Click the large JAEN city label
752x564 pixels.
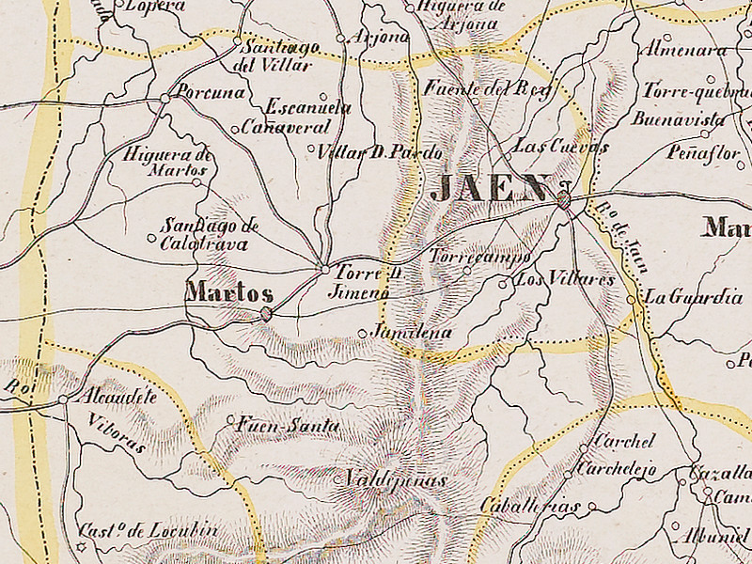click(x=488, y=187)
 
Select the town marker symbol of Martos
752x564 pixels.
click(x=267, y=314)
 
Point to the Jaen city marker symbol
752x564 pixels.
click(x=564, y=199)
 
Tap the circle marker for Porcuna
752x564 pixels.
click(x=164, y=97)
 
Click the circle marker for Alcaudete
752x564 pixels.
click(x=63, y=399)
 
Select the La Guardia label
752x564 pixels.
click(x=693, y=297)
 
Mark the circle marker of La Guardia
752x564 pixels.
click(x=631, y=300)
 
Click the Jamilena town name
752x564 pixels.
click(x=411, y=333)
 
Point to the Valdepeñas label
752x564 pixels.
click(x=394, y=479)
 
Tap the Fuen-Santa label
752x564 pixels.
click(x=289, y=425)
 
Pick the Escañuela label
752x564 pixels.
click(x=308, y=107)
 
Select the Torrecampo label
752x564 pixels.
click(x=479, y=256)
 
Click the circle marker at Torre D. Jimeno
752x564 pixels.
click(x=325, y=270)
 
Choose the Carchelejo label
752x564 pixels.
click(x=617, y=467)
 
